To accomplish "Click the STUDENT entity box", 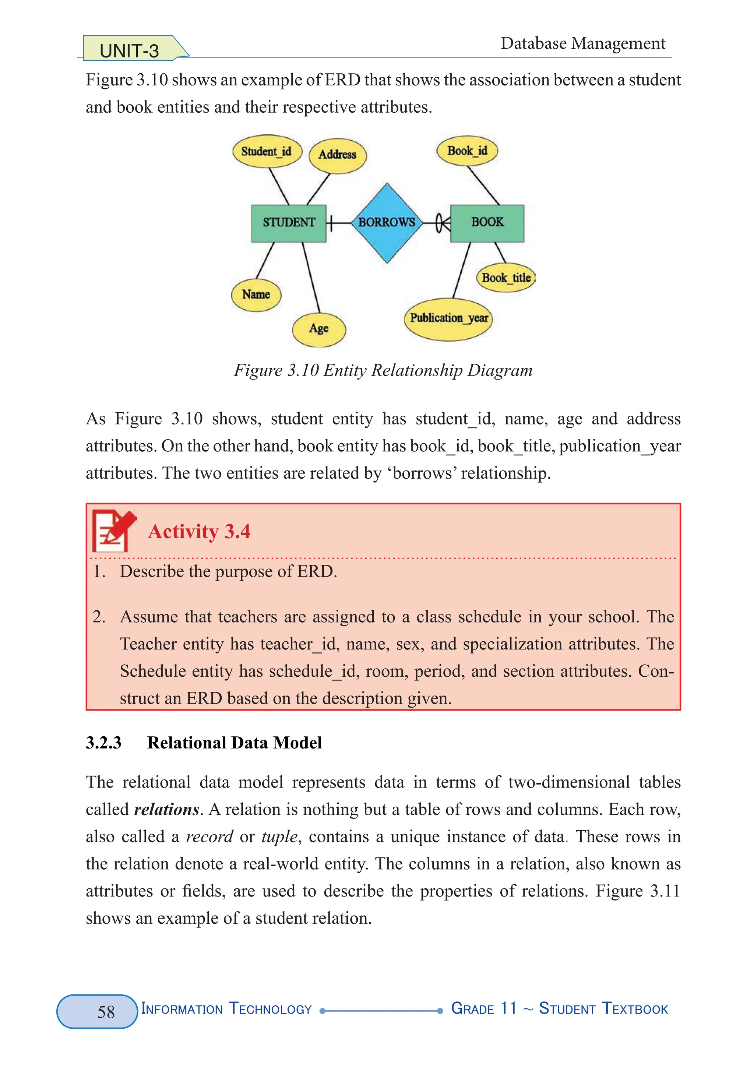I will click(x=288, y=223).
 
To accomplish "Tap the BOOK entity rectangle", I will click(x=487, y=223).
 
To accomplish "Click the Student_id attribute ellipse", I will click(x=267, y=152).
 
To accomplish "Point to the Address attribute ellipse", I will click(x=337, y=155).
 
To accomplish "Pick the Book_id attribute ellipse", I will click(x=467, y=151).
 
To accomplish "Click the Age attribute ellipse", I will click(x=319, y=329).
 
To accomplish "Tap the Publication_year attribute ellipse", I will click(x=448, y=318).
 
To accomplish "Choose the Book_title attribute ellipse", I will click(x=506, y=278).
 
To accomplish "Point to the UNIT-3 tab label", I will click(x=129, y=50).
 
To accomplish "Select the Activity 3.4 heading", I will click(x=199, y=531).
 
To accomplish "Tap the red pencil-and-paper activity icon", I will click(x=113, y=531).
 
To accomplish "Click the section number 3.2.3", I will click(x=103, y=743).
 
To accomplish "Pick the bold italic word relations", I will click(x=166, y=809).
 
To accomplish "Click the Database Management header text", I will click(x=582, y=43).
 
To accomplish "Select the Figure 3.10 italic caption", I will click(x=383, y=370).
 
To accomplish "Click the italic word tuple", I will click(x=279, y=836).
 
